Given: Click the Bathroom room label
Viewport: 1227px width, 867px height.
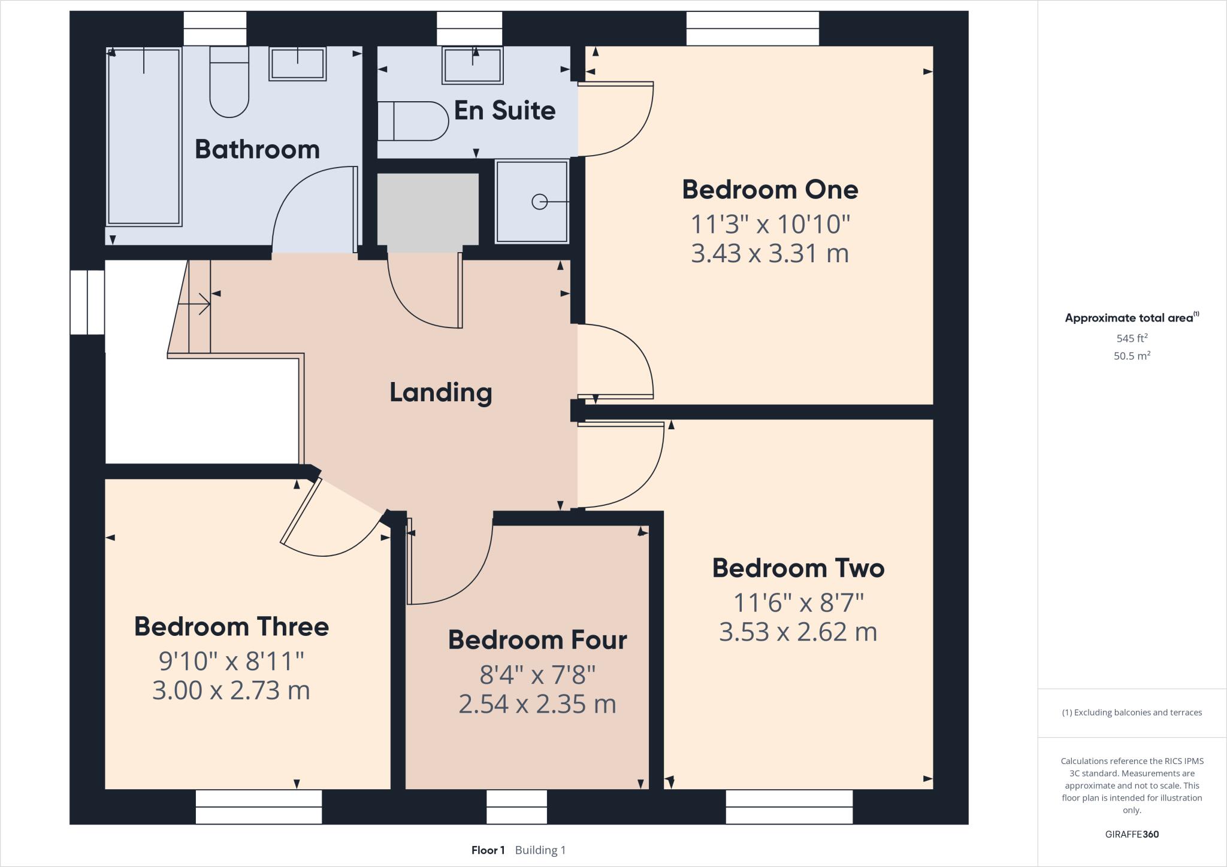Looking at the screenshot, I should (x=257, y=149).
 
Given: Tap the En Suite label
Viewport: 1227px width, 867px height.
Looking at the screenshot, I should (x=504, y=111).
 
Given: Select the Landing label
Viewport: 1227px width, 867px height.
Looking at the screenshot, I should (x=440, y=393).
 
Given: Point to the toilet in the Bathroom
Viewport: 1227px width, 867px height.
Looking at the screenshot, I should (x=229, y=84).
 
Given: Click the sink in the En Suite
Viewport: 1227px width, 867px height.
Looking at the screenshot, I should (x=472, y=65).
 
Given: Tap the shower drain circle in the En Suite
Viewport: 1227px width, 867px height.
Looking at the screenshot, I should (x=539, y=202).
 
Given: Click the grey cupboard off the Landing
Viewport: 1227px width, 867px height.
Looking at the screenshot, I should (x=428, y=209).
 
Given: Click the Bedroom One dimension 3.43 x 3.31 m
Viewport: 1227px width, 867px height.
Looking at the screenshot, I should (x=770, y=253).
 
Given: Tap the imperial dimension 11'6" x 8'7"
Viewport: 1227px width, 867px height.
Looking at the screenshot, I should (x=799, y=603).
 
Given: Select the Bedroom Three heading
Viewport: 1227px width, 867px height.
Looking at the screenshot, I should (x=231, y=627).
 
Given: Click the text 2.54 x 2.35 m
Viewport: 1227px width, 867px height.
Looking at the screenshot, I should (x=537, y=704).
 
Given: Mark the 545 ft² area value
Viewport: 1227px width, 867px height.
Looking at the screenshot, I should (x=1132, y=338).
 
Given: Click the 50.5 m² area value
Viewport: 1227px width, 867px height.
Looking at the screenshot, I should (x=1132, y=356).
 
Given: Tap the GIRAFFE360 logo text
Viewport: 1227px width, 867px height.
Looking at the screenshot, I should (x=1132, y=834).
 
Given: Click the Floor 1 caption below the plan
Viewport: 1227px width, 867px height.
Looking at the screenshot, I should (x=488, y=850).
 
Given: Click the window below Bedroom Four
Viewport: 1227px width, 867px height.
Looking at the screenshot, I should (x=516, y=807).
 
